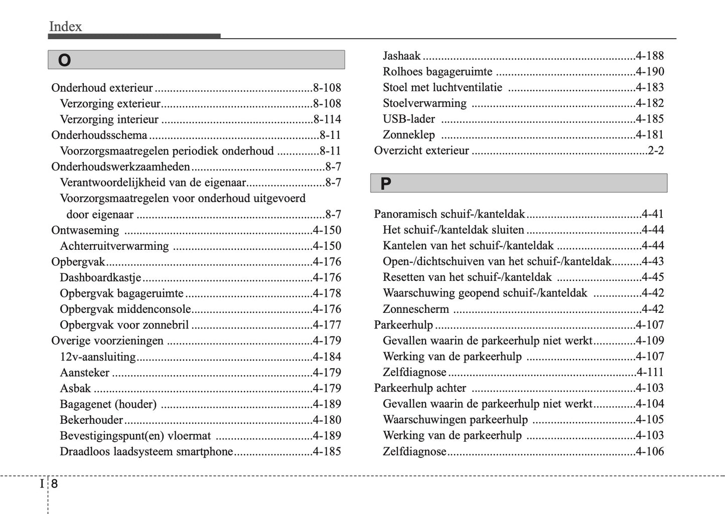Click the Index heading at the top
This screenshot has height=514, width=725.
(65, 27)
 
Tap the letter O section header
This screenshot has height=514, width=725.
(64, 60)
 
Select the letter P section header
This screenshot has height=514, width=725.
(385, 184)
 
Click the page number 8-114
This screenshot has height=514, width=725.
(327, 119)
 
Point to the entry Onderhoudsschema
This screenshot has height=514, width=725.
(99, 135)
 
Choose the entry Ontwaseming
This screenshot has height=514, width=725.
(85, 230)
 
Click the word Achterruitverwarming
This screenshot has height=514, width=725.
(114, 246)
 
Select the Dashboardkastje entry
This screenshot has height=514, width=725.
(100, 278)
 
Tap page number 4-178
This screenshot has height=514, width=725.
(327, 293)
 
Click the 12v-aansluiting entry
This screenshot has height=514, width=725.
(98, 357)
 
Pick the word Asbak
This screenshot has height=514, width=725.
(75, 389)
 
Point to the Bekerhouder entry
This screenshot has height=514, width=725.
(91, 420)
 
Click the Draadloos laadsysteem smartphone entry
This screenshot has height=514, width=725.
(147, 452)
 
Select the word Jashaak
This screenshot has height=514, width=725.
(401, 56)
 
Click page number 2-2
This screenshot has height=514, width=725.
(655, 151)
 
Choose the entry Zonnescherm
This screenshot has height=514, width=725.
(416, 309)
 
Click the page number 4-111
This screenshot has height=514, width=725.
(650, 373)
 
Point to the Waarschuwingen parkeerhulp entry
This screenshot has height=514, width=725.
(455, 420)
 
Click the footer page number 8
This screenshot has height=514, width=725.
(54, 484)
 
